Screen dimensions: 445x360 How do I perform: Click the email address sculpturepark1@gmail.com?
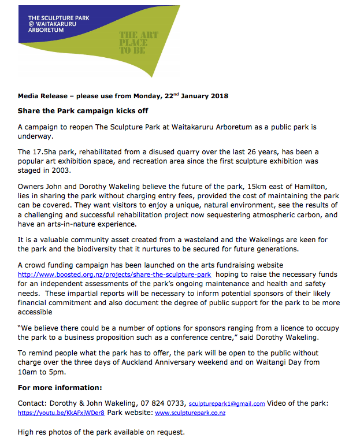click(227, 404)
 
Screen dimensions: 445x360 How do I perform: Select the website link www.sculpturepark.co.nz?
click(190, 413)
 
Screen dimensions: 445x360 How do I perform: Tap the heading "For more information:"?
click(60, 387)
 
